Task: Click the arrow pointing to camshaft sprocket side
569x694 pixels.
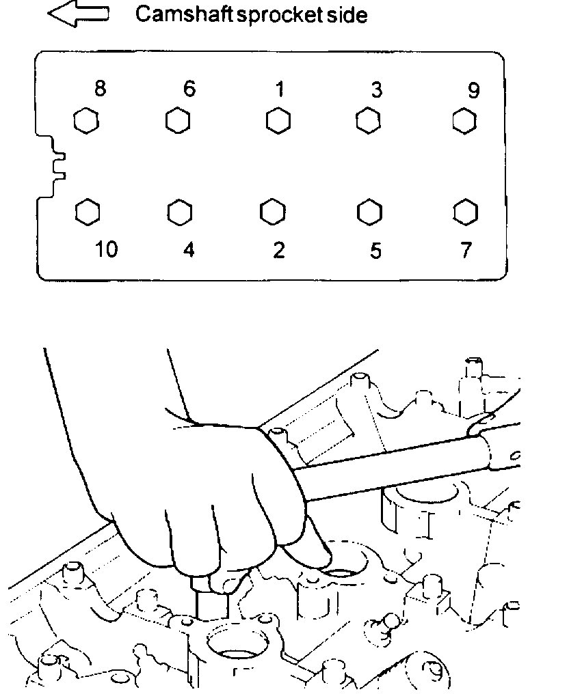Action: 77,15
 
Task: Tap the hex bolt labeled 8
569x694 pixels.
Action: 85,122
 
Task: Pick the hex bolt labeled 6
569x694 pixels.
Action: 178,121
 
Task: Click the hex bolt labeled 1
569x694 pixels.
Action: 278,121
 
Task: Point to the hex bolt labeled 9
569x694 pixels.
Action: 464,121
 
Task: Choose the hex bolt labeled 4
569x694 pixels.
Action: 178,211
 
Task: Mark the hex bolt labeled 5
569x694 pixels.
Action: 369,211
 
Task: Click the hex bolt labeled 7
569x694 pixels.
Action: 465,211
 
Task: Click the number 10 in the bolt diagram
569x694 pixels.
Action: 106,250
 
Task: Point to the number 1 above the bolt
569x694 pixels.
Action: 279,89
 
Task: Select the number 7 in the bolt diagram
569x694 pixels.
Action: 466,251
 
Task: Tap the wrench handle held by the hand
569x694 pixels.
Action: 410,471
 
